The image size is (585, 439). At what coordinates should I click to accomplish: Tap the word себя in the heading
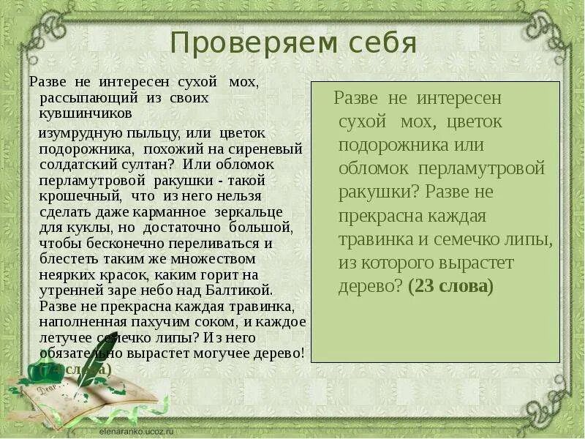380,44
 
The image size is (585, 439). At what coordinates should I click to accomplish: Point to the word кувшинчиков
86,113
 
